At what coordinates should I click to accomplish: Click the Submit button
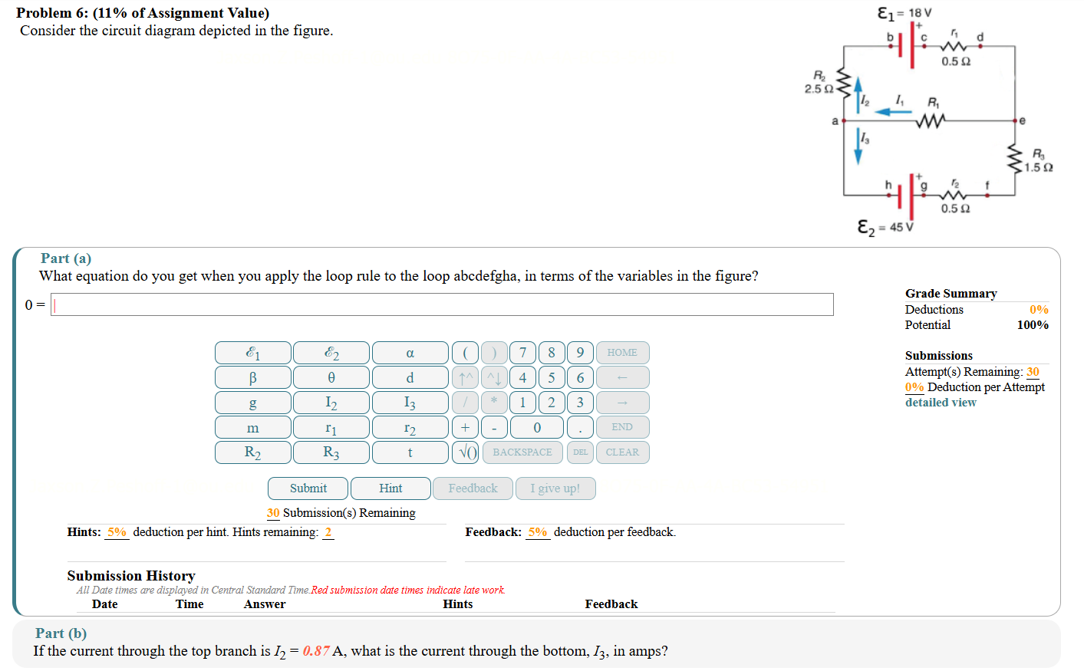click(308, 488)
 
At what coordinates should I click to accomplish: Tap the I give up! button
click(555, 488)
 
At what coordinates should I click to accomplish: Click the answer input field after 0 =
click(442, 304)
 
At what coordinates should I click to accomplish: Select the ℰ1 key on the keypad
click(252, 353)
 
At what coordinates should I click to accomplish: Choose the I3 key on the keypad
click(410, 403)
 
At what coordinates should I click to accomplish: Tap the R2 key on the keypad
click(252, 452)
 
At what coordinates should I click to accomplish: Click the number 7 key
click(522, 353)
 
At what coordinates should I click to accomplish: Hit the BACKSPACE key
click(522, 452)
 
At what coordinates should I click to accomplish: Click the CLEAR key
click(622, 452)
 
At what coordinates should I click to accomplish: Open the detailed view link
click(941, 403)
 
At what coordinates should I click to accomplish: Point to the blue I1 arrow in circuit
click(893, 112)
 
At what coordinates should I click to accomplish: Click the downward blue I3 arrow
click(858, 146)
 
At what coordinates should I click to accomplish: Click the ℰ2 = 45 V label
click(885, 228)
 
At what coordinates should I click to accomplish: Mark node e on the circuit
click(1015, 120)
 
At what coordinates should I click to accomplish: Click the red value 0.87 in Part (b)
click(316, 651)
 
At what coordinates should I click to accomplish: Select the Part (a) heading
click(66, 258)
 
